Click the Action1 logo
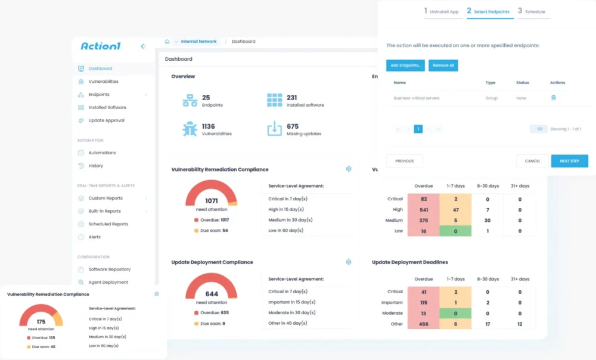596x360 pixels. (x=101, y=46)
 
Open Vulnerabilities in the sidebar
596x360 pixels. (x=103, y=82)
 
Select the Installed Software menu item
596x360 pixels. (x=107, y=108)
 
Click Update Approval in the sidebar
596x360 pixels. (x=106, y=120)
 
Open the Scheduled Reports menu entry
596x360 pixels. (x=108, y=224)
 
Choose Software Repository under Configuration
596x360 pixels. (x=109, y=269)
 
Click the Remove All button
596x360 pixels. (x=443, y=66)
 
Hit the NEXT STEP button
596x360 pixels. (x=569, y=161)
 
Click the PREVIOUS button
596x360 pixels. (x=404, y=161)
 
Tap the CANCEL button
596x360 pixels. (x=532, y=161)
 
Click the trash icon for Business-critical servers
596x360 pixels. (x=553, y=98)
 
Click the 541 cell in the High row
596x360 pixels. (x=423, y=210)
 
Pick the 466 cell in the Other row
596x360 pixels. (x=423, y=324)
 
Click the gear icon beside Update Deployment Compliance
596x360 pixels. (x=349, y=262)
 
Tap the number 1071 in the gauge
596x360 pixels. (x=211, y=201)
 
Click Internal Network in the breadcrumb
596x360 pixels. (x=198, y=42)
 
